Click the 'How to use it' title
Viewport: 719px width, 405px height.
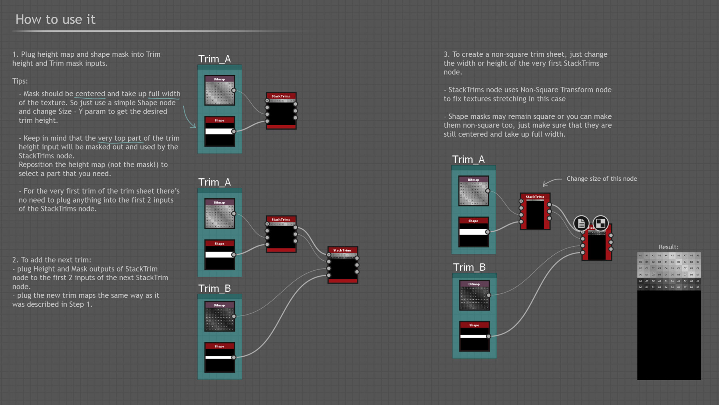click(55, 19)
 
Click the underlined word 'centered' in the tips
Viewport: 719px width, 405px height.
click(90, 94)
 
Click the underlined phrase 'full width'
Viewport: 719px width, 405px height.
click(164, 94)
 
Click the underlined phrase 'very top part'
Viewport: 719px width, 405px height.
click(119, 138)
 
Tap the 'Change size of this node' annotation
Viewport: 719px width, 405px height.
click(602, 179)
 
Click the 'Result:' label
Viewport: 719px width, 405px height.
click(668, 247)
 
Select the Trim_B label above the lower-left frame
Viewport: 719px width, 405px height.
click(215, 288)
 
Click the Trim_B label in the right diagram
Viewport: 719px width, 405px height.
click(469, 267)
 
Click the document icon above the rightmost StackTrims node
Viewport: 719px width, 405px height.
click(581, 223)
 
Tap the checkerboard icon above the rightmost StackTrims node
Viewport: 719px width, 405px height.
click(600, 223)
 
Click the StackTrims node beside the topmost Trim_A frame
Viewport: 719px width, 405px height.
click(281, 111)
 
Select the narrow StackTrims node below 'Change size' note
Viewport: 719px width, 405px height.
click(535, 211)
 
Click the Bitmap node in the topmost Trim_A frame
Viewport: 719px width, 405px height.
click(219, 90)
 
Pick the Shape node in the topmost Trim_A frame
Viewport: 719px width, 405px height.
click(219, 132)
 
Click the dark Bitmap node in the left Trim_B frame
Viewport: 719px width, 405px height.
click(219, 317)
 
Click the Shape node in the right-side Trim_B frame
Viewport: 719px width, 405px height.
click(474, 336)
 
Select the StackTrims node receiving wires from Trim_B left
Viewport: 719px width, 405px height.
click(342, 265)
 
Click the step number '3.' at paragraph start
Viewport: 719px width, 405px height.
click(447, 54)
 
